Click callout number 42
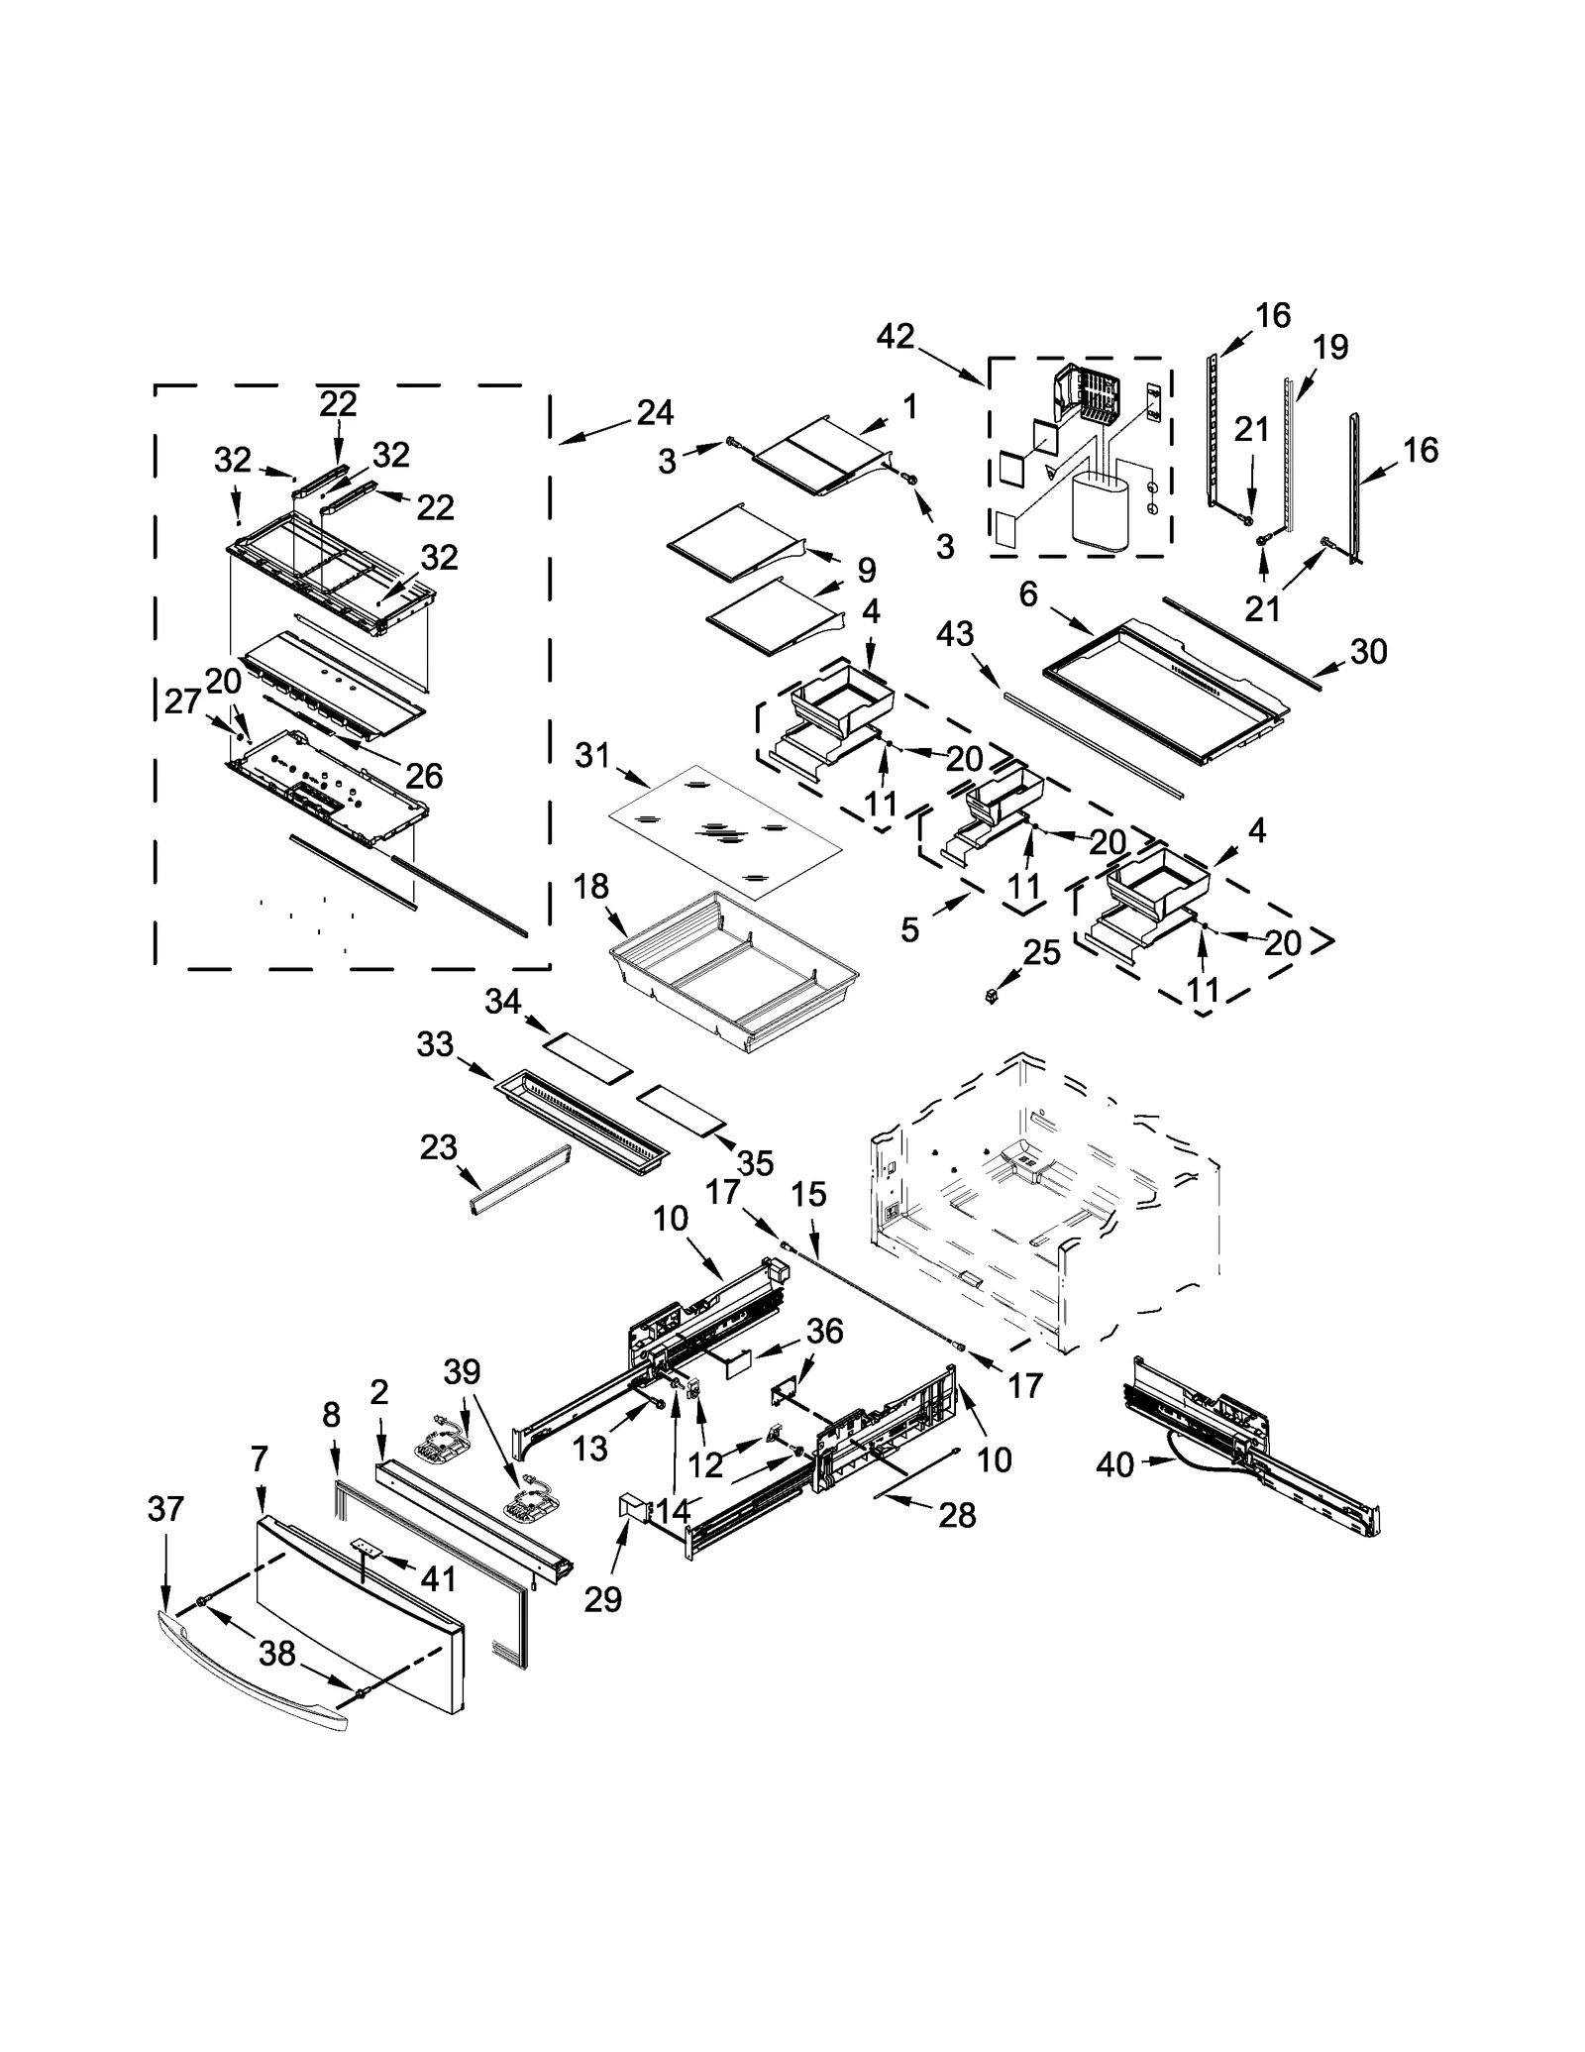coord(895,337)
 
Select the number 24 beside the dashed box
coord(655,412)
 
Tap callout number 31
coord(592,756)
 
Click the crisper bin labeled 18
coord(733,976)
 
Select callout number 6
coord(1027,594)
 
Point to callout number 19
coord(1330,347)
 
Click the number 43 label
coord(955,634)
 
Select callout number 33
coord(436,1044)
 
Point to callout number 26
coord(424,775)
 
